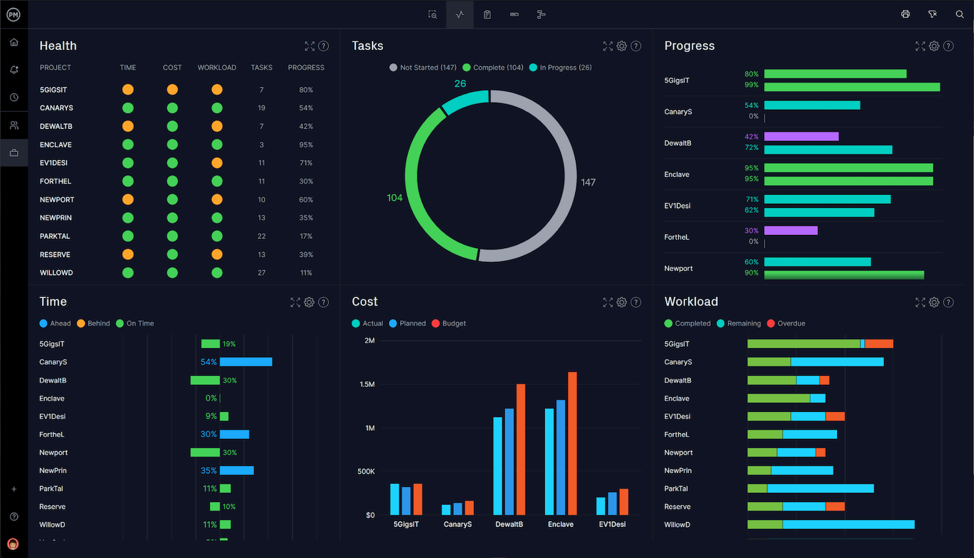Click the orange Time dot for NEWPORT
click(128, 199)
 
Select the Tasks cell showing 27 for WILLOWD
click(261, 272)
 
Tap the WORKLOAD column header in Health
click(217, 67)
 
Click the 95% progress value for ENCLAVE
click(306, 144)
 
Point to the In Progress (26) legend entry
click(561, 67)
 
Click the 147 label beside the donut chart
click(588, 182)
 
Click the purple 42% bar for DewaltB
click(802, 137)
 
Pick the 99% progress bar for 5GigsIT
click(852, 88)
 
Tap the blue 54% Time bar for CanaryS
click(246, 362)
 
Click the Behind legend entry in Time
click(93, 323)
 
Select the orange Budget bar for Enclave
click(573, 444)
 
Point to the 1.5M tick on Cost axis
click(367, 384)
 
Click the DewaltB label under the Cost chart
click(509, 524)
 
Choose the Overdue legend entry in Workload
click(786, 323)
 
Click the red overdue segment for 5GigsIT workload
click(879, 343)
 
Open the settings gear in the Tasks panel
click(622, 46)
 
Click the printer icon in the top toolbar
click(906, 14)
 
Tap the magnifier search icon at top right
click(960, 14)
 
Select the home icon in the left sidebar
click(14, 42)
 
